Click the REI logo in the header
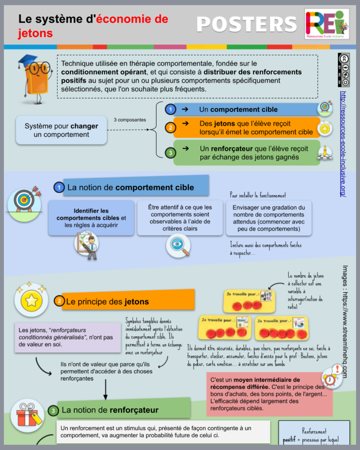(x=327, y=24)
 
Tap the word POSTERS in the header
(x=247, y=24)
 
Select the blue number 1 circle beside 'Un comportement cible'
(x=170, y=109)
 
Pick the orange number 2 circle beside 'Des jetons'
(x=170, y=128)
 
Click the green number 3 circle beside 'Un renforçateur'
(x=170, y=153)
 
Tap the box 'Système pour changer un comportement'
(x=61, y=130)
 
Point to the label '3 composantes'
(x=130, y=120)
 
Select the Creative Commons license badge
(x=344, y=70)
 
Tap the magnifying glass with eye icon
(x=178, y=246)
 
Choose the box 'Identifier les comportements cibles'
(x=91, y=218)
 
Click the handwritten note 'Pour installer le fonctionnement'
(x=258, y=195)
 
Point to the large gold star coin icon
(x=31, y=301)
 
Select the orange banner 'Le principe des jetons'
(x=128, y=301)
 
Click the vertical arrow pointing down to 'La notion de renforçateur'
(x=105, y=389)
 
